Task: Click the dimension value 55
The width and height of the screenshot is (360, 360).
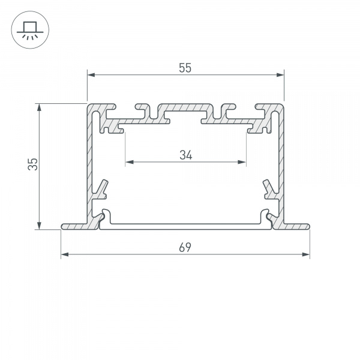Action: pos(185,68)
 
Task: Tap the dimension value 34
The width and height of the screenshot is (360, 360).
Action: pos(185,155)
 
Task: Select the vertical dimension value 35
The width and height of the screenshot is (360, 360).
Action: pos(34,164)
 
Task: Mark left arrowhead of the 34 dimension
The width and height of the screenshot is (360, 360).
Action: pos(128,162)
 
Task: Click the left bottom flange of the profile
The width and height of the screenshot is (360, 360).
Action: pos(75,226)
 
